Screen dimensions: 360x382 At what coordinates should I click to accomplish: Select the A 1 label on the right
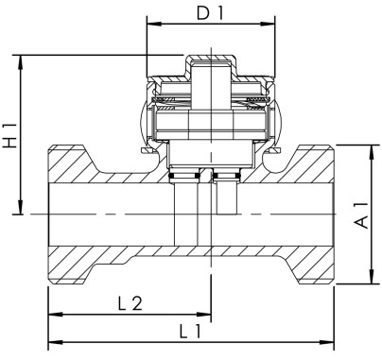360,215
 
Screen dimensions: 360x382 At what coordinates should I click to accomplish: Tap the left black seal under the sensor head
184,176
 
